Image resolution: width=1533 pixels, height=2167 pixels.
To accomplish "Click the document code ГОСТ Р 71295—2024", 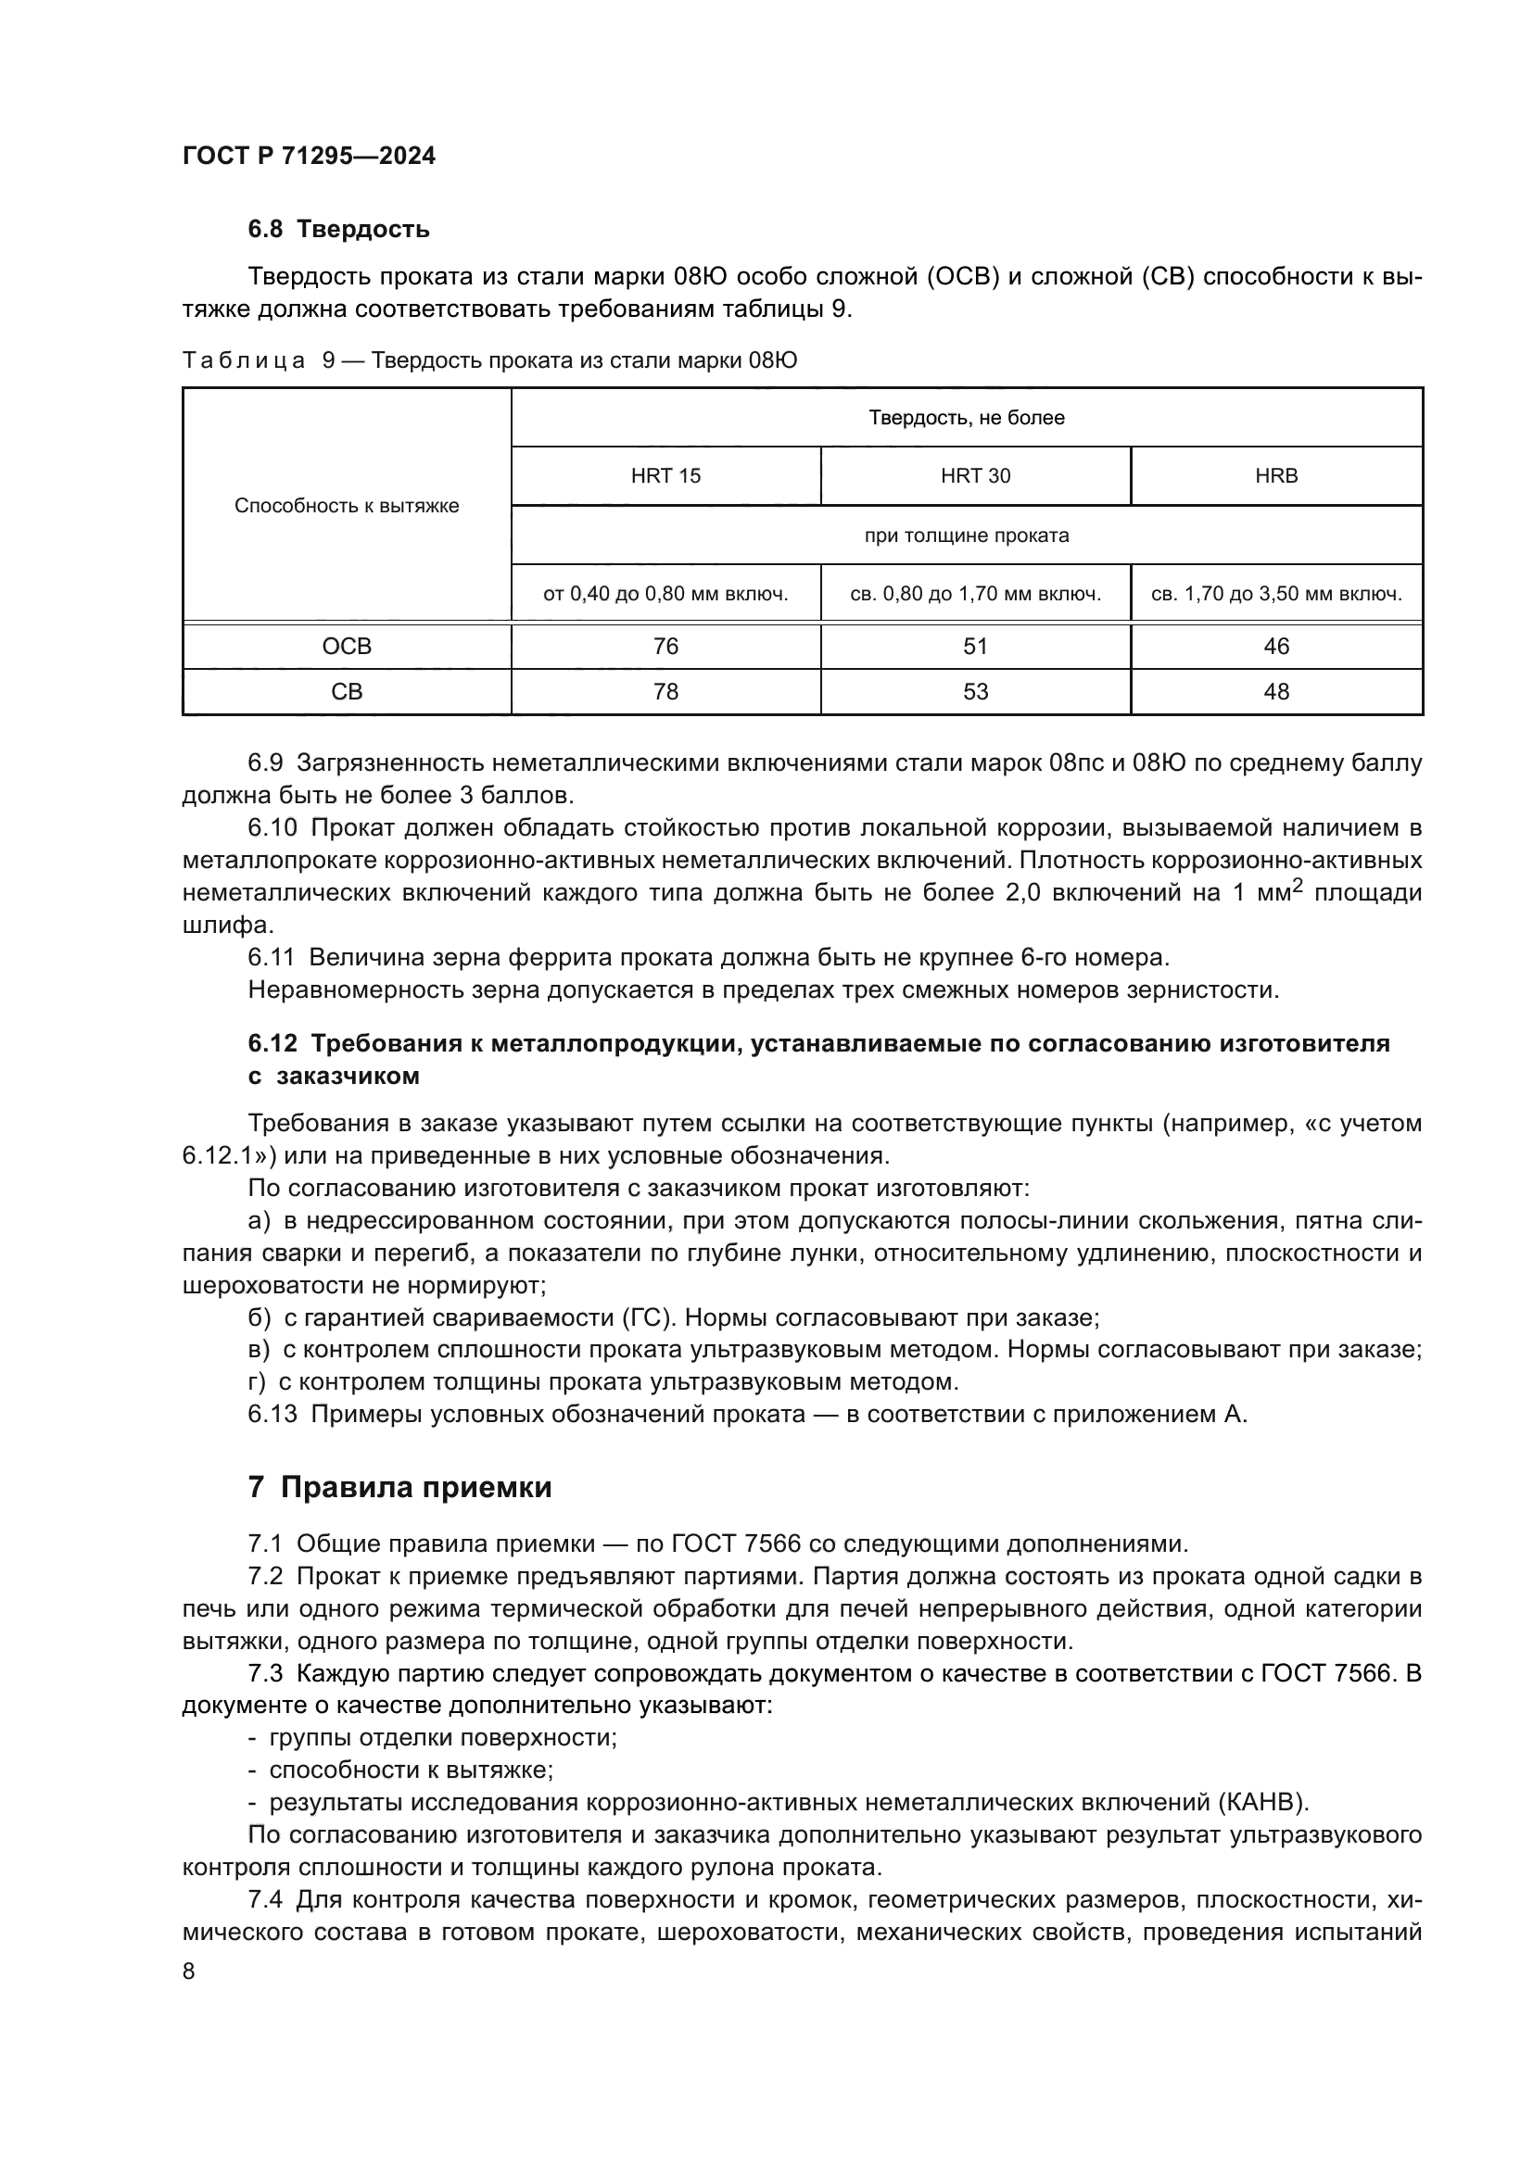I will click(309, 157).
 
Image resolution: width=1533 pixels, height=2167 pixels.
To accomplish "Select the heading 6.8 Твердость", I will click(338, 230).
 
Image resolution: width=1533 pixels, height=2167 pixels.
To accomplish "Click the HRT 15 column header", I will click(665, 475).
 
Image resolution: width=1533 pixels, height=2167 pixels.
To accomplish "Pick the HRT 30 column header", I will click(975, 475).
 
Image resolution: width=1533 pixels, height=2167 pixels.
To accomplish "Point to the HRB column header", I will click(1276, 475).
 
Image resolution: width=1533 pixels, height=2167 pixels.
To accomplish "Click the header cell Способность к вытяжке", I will click(347, 506).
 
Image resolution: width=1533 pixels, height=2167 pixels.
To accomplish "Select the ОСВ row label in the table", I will click(347, 647).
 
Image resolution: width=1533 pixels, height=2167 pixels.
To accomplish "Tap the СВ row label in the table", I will click(347, 692).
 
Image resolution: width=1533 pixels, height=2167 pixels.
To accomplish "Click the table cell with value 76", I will click(665, 647).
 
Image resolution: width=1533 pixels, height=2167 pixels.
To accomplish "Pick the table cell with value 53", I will click(975, 692).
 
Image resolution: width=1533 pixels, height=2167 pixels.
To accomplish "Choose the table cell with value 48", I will click(1276, 692).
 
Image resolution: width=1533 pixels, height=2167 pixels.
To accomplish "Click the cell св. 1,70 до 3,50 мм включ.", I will click(1276, 595).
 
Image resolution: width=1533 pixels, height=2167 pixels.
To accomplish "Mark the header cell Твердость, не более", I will click(967, 418).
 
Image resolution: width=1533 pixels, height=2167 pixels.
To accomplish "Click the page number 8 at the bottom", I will click(189, 1972).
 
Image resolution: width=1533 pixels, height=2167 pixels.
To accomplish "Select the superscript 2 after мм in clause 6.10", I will click(1297, 886).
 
